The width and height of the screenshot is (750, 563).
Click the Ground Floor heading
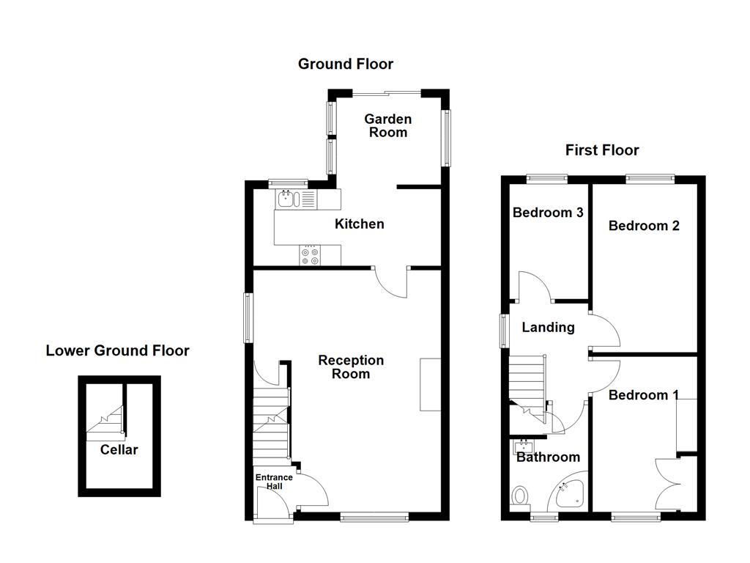[345, 65]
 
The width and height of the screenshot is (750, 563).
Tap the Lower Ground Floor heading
[117, 351]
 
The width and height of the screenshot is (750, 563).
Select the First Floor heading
[601, 150]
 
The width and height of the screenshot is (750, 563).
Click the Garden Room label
[388, 125]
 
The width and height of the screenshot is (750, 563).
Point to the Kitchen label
[359, 224]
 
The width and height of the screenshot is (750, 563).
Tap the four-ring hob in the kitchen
[310, 255]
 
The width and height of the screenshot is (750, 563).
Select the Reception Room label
[351, 367]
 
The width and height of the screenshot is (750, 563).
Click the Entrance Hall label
[273, 482]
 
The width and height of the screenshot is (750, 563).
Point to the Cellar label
[119, 450]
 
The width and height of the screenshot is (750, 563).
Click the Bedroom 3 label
[547, 213]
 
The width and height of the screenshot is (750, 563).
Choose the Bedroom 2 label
[644, 226]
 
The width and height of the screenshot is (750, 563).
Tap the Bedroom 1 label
[643, 395]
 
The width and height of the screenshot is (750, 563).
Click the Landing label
[548, 328]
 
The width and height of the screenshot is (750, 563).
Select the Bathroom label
[548, 457]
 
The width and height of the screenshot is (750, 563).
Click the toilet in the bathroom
[521, 496]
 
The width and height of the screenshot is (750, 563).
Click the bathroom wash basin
[525, 446]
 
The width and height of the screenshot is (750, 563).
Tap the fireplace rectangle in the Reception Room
[429, 384]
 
